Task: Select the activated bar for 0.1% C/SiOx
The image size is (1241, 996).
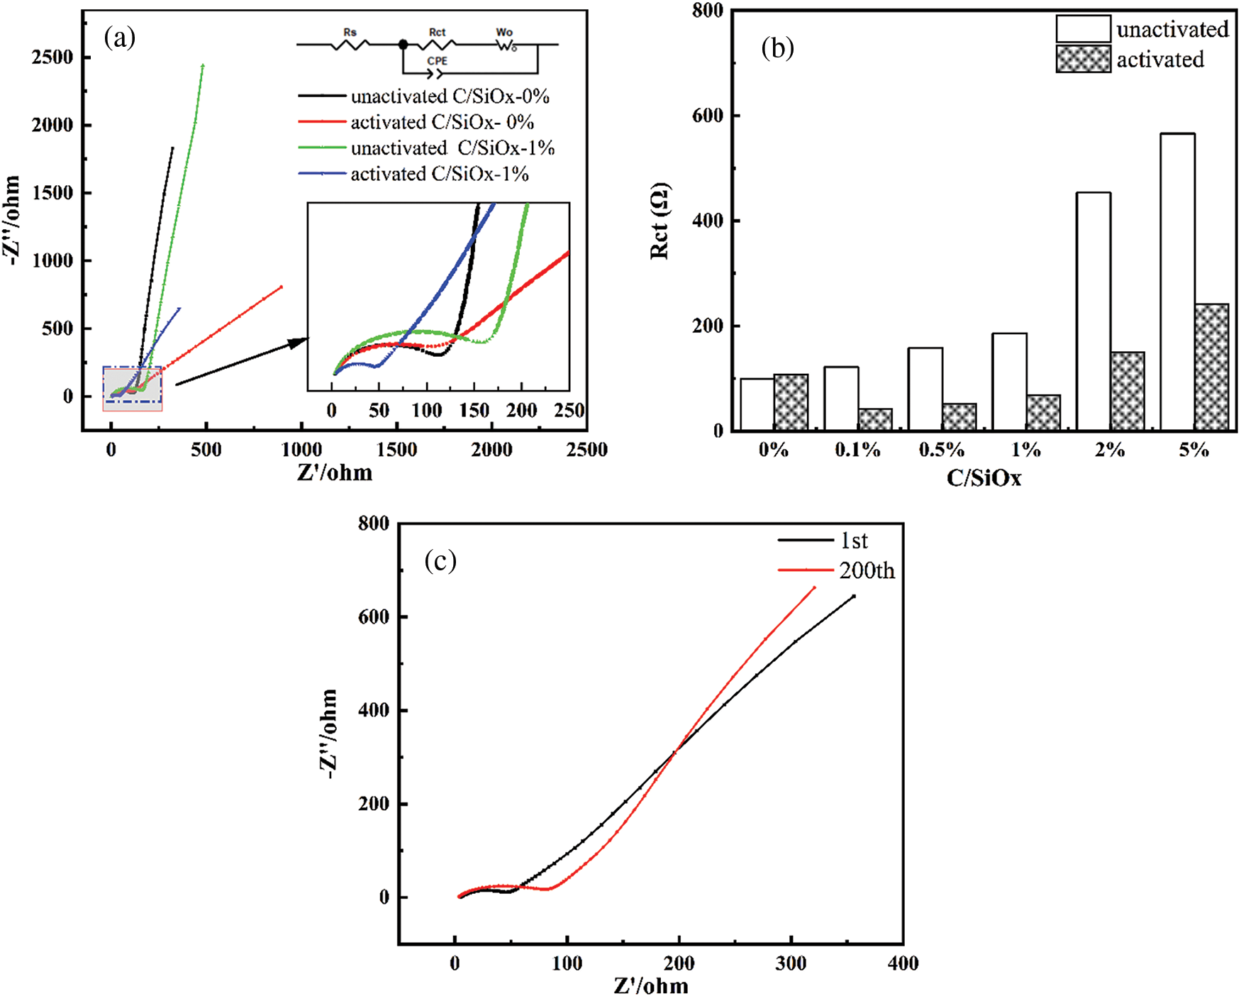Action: (x=875, y=419)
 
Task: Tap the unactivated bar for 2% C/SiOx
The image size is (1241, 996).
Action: (x=1093, y=311)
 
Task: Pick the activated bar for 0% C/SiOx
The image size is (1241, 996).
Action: (x=791, y=402)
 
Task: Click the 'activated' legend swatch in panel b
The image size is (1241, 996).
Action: (x=1083, y=60)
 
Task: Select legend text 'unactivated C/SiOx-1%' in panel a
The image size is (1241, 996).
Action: (x=452, y=148)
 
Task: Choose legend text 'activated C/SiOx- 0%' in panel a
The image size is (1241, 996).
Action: (x=442, y=122)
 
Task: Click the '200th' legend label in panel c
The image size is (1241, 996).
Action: (x=867, y=570)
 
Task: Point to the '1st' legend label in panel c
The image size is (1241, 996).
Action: (x=854, y=541)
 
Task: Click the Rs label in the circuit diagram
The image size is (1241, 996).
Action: (x=350, y=32)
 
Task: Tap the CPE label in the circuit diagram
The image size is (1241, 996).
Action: (x=437, y=61)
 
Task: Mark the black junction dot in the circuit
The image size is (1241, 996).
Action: (x=403, y=45)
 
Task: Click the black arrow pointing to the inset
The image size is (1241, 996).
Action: (x=241, y=363)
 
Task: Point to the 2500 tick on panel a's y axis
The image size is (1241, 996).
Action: (x=52, y=57)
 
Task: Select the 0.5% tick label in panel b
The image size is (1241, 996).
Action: (x=941, y=450)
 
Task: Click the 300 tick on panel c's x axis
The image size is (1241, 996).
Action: (x=791, y=963)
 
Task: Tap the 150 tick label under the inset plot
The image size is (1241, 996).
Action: (x=474, y=411)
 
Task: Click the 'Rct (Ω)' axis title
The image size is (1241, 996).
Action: (x=660, y=221)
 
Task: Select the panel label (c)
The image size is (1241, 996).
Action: (x=440, y=560)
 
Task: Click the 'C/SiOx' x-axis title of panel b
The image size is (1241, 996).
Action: (x=984, y=478)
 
